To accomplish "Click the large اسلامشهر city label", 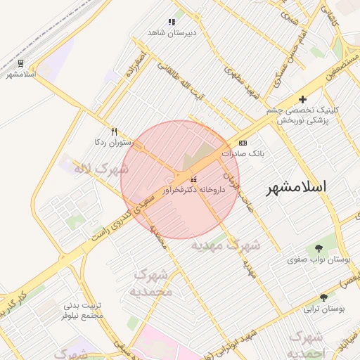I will (298, 188).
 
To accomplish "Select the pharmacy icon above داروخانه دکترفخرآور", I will (193, 180).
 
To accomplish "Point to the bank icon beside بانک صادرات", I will (243, 142).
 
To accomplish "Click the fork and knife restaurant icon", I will (114, 131).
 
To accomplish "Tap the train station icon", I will (20, 63).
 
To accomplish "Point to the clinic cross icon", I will (302, 99).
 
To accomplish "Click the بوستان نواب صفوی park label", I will (319, 259).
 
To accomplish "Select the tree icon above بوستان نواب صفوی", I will (319, 248).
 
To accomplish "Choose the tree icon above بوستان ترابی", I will (323, 297).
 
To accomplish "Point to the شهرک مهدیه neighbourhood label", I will (226, 245).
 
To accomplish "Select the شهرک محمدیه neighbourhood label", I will (150, 283).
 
